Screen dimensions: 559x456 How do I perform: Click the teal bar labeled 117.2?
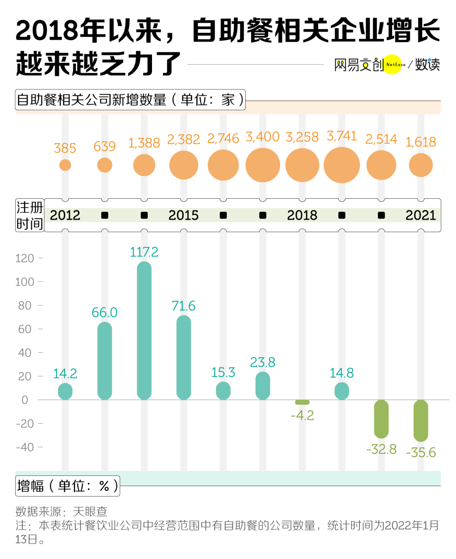click(144, 330)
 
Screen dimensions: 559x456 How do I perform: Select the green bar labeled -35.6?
click(421, 421)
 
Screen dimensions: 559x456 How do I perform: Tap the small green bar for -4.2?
click(302, 402)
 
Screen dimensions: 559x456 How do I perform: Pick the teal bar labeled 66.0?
click(105, 361)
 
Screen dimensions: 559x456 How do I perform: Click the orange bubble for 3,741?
click(342, 165)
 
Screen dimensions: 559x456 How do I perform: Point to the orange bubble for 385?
click(65, 165)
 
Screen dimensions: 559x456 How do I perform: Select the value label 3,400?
click(263, 137)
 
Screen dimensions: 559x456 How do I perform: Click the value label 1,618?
click(421, 142)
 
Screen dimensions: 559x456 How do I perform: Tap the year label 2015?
click(184, 215)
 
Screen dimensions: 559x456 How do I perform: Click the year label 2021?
click(421, 215)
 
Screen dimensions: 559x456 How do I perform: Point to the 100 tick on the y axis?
click(24, 282)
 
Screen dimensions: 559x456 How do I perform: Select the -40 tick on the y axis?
click(24, 447)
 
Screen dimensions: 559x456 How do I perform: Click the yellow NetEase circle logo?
click(394, 65)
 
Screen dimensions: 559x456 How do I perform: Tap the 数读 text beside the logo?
click(427, 65)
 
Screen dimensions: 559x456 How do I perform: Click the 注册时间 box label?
click(30, 215)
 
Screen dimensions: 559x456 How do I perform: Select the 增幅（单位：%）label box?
click(68, 486)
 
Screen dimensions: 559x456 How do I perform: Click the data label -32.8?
click(381, 449)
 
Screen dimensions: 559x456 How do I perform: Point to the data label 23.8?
click(263, 362)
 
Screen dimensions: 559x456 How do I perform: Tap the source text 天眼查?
click(90, 512)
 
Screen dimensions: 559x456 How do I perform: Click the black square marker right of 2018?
click(342, 215)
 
